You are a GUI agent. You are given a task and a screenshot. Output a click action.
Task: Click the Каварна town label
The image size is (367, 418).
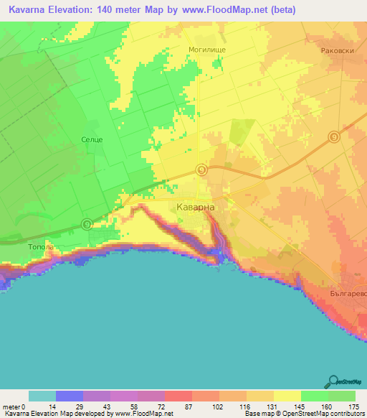pyautogui.click(x=195, y=206)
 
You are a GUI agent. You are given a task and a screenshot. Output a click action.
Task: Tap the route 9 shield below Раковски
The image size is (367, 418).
pyautogui.click(x=333, y=137)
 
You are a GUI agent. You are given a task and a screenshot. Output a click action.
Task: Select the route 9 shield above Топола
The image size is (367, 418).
pyautogui.click(x=87, y=224)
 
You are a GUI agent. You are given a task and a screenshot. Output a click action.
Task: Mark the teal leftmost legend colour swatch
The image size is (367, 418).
pyautogui.click(x=42, y=396)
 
